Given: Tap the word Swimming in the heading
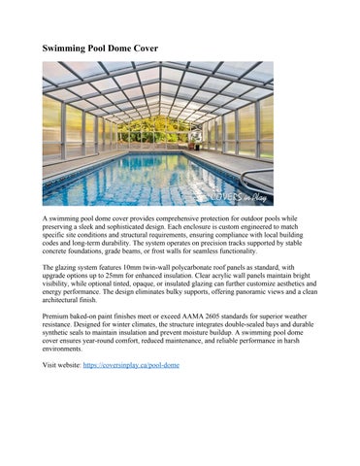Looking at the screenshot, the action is tap(69, 48).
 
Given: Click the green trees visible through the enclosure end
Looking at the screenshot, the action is tap(158, 126).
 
